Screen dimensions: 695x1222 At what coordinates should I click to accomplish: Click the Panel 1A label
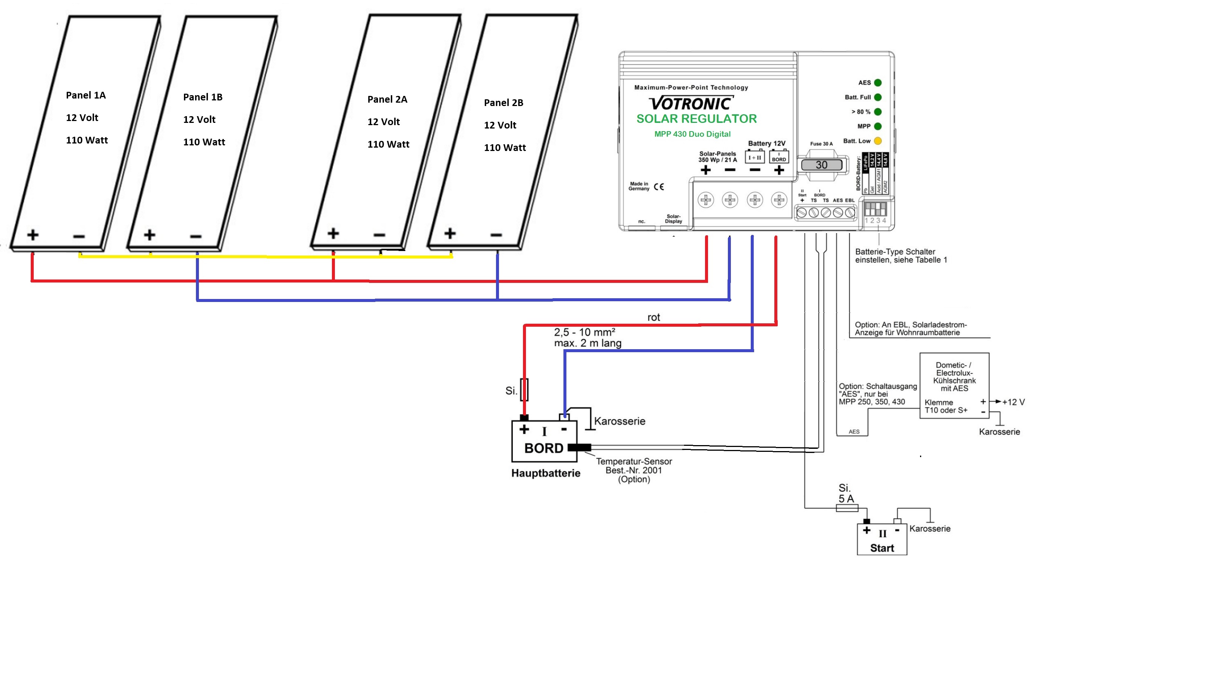[86, 95]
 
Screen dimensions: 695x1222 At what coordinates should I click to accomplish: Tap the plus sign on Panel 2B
[450, 233]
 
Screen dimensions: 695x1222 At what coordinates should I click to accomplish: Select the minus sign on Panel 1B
[196, 236]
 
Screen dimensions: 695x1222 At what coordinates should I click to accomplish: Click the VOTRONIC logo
[690, 103]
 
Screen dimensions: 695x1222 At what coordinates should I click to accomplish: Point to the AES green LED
[877, 82]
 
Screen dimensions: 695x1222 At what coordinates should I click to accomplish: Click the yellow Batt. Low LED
[877, 141]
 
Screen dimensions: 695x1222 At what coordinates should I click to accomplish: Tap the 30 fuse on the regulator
[821, 165]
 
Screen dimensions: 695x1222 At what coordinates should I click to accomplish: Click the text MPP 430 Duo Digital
[692, 134]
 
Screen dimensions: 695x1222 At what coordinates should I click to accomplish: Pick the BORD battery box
[544, 441]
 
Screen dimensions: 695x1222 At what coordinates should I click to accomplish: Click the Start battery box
[882, 540]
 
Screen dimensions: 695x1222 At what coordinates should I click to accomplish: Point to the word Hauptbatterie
[545, 473]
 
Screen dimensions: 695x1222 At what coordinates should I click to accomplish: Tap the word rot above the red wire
[653, 317]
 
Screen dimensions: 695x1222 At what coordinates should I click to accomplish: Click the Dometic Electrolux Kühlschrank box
[954, 385]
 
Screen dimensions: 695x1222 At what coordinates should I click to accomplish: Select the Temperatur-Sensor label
[634, 462]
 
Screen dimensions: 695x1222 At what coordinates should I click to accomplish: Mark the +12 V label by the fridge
[1013, 402]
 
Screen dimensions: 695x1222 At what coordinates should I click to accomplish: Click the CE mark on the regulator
[659, 187]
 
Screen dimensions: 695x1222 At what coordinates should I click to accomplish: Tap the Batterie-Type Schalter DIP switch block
[875, 209]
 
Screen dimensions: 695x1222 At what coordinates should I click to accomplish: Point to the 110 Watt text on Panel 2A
[388, 144]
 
